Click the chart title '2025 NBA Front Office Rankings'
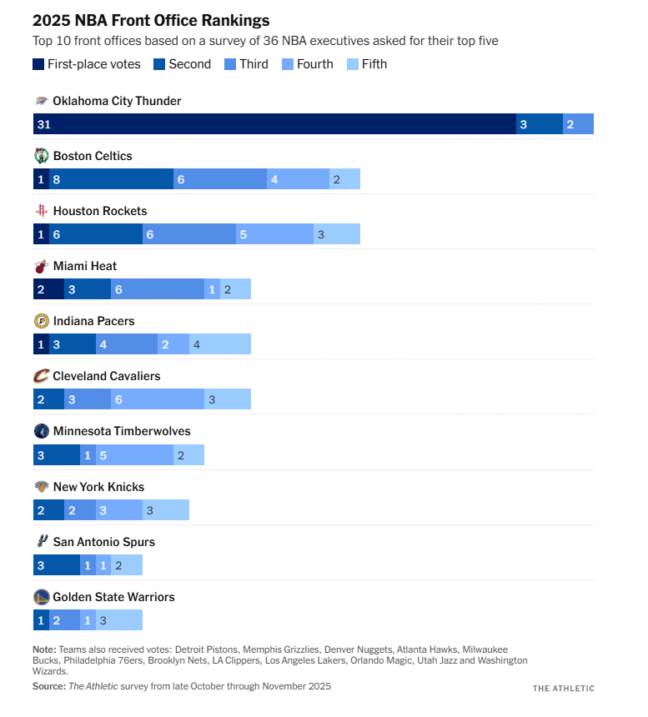click(x=151, y=20)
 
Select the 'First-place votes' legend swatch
click(x=39, y=64)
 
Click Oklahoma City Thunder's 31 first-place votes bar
click(x=274, y=123)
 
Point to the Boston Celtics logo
click(x=42, y=156)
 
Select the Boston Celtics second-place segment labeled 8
click(x=111, y=179)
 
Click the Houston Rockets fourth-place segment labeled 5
click(x=274, y=234)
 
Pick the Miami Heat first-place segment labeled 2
click(x=48, y=289)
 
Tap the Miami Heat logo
click(x=41, y=267)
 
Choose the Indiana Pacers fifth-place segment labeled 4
click(x=219, y=344)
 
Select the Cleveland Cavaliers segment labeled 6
click(x=157, y=399)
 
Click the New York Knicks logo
click(x=41, y=487)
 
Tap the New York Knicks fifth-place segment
click(x=165, y=509)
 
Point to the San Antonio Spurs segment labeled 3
click(x=56, y=564)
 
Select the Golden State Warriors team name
click(x=113, y=597)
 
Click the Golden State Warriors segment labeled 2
click(x=64, y=619)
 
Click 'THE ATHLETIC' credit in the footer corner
click(x=564, y=688)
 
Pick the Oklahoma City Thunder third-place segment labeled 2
click(x=578, y=123)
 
